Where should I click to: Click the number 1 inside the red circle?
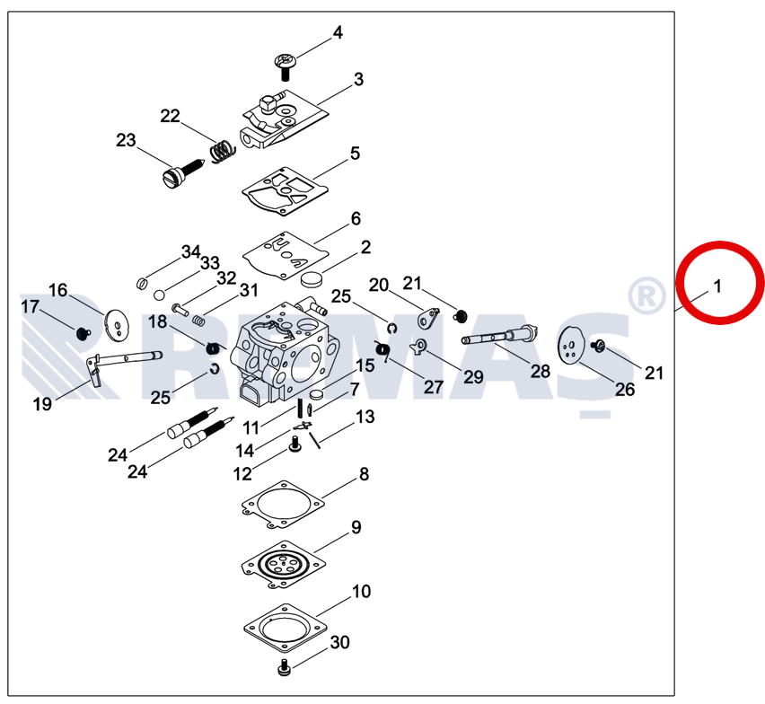[717, 286]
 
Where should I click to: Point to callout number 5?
[355, 154]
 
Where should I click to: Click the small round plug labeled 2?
[312, 277]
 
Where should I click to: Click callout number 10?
[360, 592]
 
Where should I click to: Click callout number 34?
[190, 251]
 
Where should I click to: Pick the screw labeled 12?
[294, 442]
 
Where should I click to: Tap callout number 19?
[42, 404]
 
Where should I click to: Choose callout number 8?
[364, 474]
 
